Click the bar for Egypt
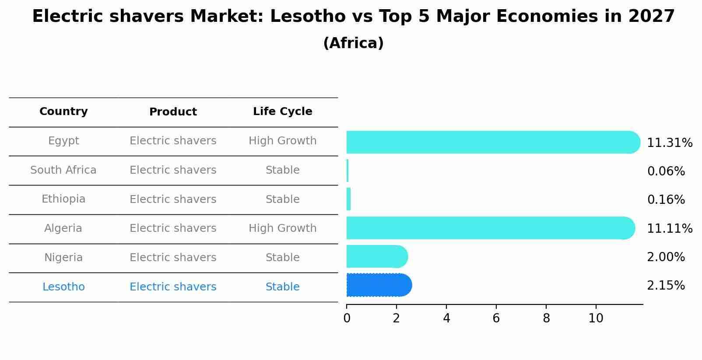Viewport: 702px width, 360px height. point(492,142)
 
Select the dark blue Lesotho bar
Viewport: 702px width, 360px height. point(379,285)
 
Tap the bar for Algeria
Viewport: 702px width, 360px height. point(490,228)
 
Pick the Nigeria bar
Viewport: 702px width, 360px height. point(376,256)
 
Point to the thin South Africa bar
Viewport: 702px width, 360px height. point(347,171)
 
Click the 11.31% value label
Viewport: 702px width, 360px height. point(669,143)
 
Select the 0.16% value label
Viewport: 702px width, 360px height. point(666,200)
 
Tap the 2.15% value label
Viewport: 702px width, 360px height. point(666,286)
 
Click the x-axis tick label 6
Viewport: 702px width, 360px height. point(496,318)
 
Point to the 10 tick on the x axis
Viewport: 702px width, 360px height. point(596,318)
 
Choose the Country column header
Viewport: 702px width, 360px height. point(63,112)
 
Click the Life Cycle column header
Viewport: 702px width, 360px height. point(282,112)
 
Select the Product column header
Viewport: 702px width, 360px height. point(173,112)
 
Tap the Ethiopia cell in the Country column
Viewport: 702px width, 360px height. point(63,199)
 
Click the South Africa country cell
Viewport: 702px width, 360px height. point(63,170)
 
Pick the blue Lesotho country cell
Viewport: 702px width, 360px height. point(63,287)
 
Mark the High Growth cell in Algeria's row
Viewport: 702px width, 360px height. point(282,228)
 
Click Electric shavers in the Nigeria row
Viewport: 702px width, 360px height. point(173,258)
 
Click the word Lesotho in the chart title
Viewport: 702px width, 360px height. point(308,17)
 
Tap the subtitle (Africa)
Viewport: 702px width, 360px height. point(353,43)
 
